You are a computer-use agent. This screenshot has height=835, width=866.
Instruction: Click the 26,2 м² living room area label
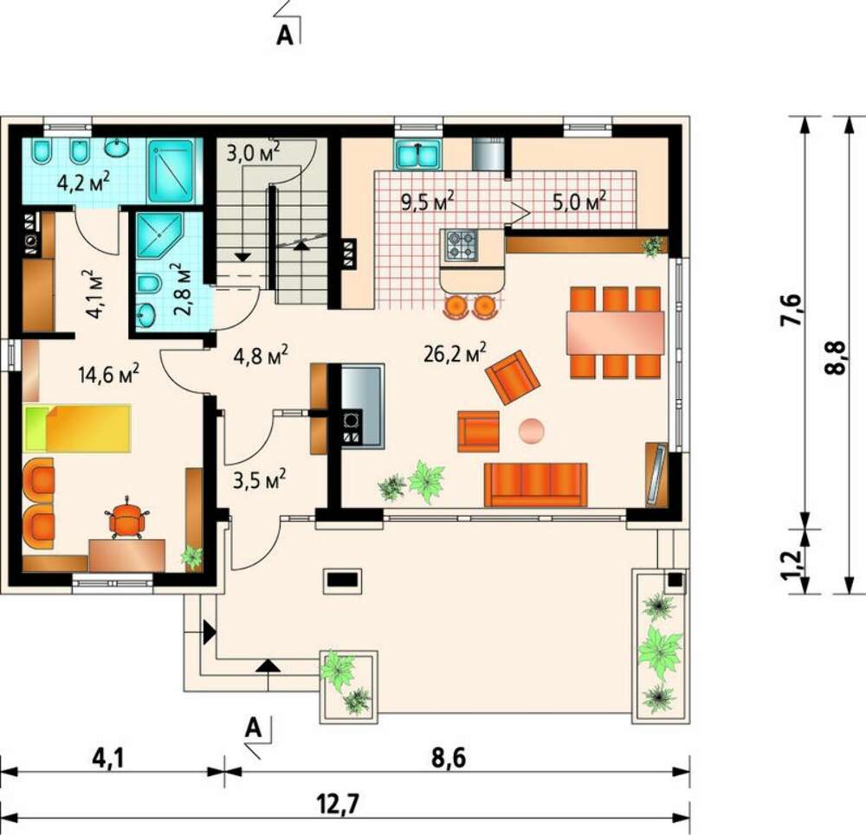456,352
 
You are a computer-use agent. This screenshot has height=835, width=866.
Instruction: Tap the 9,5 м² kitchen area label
428,201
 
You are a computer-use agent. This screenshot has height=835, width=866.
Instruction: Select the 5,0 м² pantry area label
580,201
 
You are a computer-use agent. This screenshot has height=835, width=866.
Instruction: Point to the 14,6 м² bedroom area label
109,374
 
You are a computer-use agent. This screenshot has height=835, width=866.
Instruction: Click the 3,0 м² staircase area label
253,151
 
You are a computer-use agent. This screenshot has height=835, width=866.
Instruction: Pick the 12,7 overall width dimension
338,804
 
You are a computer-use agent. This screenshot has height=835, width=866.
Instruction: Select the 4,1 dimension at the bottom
109,758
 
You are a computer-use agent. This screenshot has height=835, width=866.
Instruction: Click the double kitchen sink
418,154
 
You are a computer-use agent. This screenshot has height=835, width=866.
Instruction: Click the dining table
615,333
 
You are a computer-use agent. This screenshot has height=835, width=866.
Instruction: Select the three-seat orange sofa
535,484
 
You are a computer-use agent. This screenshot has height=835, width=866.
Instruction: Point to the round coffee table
532,430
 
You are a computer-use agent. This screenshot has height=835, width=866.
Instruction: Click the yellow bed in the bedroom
77,428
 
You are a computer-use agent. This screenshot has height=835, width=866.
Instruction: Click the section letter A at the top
284,35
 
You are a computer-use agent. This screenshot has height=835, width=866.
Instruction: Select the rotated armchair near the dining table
513,377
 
